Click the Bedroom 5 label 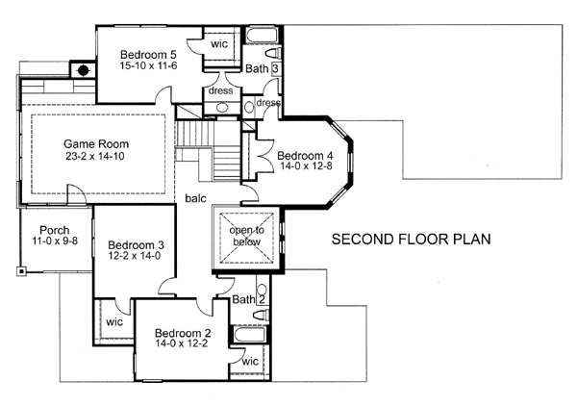148,55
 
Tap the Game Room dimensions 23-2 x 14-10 95,156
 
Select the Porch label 55,230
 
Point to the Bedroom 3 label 136,244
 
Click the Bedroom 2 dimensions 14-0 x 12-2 182,343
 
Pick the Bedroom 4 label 305,155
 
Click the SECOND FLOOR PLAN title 411,240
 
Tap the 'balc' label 196,198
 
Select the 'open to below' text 246,236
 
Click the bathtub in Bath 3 260,36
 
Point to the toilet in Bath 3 273,53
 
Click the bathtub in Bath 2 249,335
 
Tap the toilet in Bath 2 262,315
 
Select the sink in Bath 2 262,289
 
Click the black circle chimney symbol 84,70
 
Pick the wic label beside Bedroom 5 219,44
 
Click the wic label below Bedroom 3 114,322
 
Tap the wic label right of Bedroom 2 250,362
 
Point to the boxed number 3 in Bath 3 275,69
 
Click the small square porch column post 21,271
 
